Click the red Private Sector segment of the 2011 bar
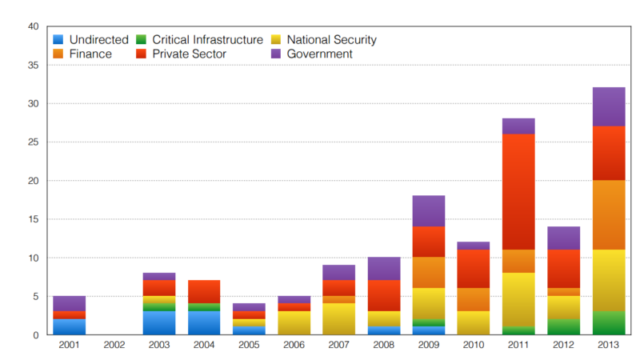518,192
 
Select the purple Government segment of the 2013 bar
608,106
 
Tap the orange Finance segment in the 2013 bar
608,215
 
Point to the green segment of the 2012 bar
563,327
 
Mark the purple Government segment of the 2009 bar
429,211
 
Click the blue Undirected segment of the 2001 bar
70,327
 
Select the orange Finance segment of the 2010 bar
474,300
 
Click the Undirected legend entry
91,39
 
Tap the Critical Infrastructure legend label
207,39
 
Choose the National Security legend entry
331,39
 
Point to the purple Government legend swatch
275,54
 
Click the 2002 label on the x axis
114,346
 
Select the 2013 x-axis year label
608,346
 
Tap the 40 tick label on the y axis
33,26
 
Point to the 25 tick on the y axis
33,142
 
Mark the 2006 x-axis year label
294,346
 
